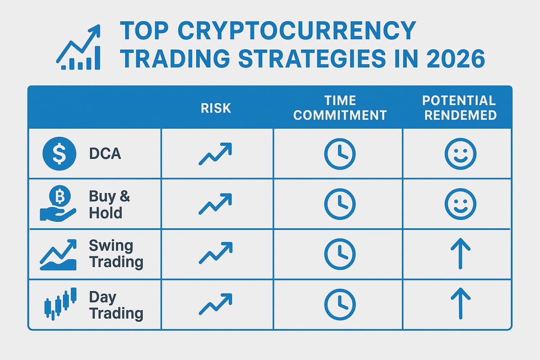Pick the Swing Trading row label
pos(116,254)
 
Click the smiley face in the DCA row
pos(460,154)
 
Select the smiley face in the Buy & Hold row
pos(460,204)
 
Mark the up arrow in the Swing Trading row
pos(460,254)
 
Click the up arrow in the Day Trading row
pos(460,304)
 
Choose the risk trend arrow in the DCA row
pos(216,154)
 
